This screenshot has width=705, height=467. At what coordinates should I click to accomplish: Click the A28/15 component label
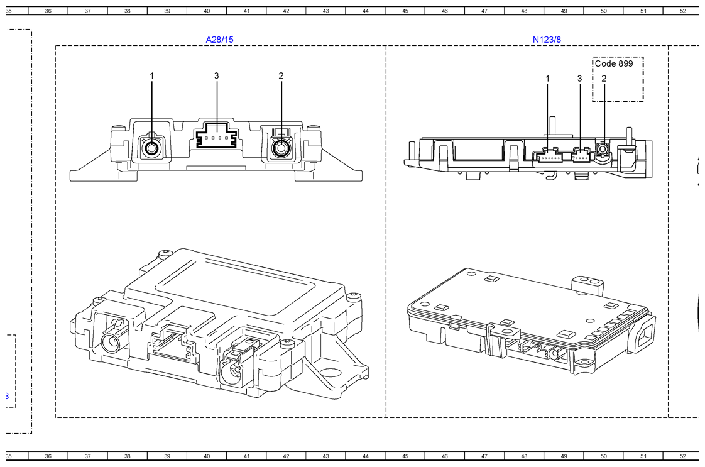[x=219, y=40]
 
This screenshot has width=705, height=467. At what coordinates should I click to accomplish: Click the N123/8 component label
[x=547, y=40]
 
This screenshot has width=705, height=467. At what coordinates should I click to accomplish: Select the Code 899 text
[x=614, y=63]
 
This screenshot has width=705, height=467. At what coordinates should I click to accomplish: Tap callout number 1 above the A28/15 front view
[x=151, y=75]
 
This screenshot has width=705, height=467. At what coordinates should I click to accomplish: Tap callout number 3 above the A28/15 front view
[x=216, y=75]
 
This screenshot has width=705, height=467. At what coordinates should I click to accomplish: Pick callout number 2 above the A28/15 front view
[x=281, y=75]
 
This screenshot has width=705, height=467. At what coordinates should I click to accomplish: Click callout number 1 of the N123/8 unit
[x=548, y=79]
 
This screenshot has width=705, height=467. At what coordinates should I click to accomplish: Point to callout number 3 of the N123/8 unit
[x=579, y=79]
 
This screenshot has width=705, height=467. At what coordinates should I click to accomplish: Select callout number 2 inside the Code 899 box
[x=604, y=79]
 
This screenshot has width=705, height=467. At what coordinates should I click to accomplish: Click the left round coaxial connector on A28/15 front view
[x=151, y=148]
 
